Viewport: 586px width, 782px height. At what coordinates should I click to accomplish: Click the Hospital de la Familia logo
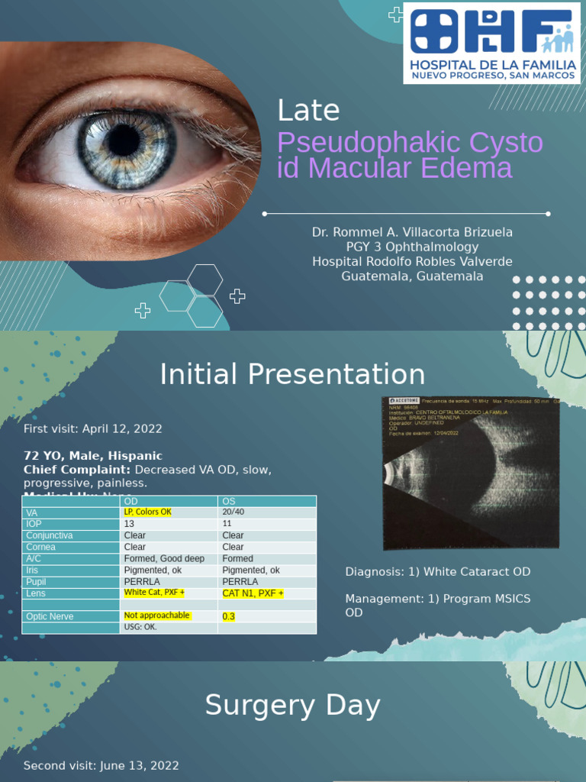(491, 43)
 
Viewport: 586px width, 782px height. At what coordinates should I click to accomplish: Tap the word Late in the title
(308, 111)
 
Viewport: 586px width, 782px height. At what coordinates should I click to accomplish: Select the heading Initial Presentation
(292, 374)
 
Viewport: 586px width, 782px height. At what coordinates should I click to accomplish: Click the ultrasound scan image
(471, 473)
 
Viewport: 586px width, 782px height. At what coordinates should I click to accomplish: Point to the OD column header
(131, 501)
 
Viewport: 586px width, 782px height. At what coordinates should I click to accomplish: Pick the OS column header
(229, 501)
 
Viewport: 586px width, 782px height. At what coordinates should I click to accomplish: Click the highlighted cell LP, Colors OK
(147, 512)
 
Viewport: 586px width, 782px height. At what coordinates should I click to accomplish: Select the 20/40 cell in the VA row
(232, 512)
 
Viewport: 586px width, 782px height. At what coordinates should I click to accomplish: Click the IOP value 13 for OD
(129, 524)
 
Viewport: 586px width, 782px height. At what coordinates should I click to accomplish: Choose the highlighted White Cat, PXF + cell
(154, 593)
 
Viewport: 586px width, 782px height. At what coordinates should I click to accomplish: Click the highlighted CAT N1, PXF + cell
(253, 593)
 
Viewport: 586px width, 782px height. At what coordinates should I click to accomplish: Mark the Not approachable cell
(156, 616)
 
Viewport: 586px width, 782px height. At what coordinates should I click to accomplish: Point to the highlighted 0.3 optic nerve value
(228, 616)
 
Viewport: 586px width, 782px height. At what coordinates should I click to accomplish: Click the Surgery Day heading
(292, 706)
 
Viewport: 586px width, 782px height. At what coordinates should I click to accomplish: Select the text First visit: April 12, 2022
(92, 428)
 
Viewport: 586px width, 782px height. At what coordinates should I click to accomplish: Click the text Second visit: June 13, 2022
(101, 765)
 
